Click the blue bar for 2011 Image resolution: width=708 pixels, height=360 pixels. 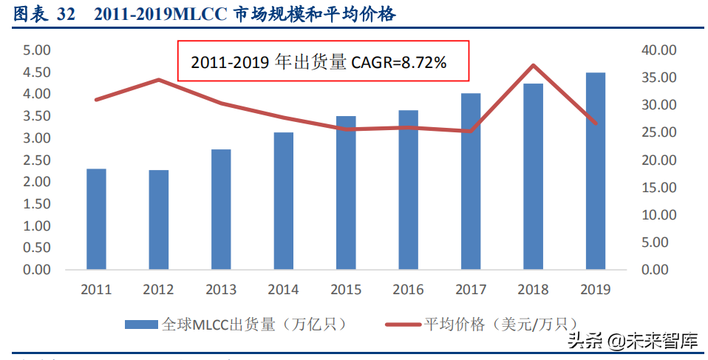coord(96,219)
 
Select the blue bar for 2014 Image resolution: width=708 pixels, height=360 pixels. coord(283,200)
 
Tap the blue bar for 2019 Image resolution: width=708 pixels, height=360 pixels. coord(596,171)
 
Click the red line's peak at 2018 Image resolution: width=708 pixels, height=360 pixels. coord(533,65)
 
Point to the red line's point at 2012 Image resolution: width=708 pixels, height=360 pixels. coord(159,79)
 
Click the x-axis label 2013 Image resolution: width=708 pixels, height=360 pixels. coord(221,289)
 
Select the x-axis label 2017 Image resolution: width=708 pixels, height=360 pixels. coord(471,289)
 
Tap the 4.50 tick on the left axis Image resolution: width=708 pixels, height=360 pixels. coord(36,72)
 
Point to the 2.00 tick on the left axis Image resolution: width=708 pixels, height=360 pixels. coord(36,182)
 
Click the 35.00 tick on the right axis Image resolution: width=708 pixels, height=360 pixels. coord(658,78)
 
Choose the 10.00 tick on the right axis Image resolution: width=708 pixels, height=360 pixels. coord(658,215)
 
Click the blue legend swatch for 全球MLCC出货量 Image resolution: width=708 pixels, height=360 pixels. coord(140,324)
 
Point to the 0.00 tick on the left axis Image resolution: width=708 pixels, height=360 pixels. coord(36,270)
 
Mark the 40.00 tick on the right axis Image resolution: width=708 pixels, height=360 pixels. coord(658,50)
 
